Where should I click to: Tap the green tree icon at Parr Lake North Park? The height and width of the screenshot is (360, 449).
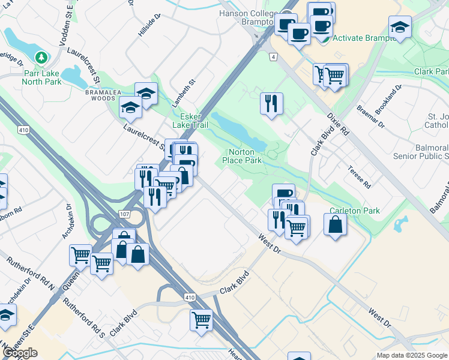coord(41,58)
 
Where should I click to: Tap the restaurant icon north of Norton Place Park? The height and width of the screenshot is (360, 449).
coord(271,103)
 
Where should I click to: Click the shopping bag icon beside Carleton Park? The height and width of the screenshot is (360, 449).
coord(335,224)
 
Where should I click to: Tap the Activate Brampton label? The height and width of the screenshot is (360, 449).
coord(365,38)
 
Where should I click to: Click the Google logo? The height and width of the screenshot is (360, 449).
coord(20,353)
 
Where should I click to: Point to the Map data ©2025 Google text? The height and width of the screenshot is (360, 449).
coord(411,355)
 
